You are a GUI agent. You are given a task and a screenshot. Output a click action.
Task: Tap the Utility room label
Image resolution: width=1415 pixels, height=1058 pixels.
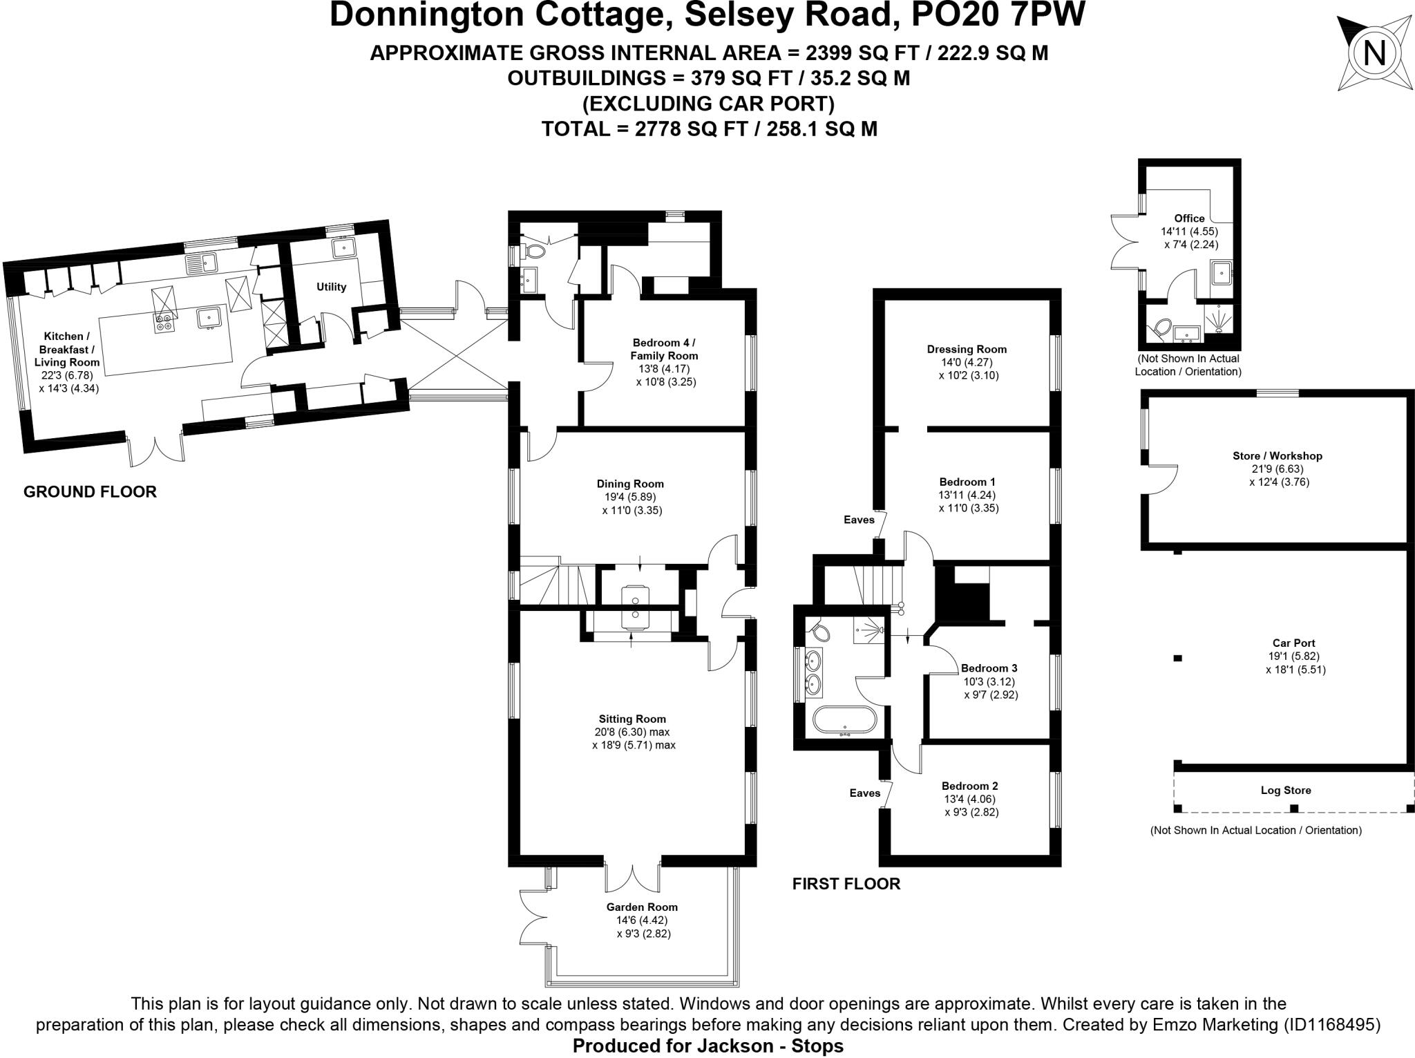(x=331, y=287)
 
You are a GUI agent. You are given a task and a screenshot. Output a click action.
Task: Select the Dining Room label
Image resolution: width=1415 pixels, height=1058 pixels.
(x=629, y=484)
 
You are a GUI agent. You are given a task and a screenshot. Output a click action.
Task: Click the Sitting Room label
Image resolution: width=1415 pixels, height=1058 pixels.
(x=632, y=719)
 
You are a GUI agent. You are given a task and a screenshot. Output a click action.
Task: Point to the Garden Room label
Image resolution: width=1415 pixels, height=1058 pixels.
(x=642, y=907)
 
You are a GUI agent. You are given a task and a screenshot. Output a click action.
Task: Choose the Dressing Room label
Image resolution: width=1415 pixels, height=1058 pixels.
(x=967, y=349)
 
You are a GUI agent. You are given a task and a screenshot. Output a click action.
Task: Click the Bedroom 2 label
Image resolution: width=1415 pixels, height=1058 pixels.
(x=969, y=786)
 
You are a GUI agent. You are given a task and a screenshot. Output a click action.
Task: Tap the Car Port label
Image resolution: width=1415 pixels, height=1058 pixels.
(x=1293, y=643)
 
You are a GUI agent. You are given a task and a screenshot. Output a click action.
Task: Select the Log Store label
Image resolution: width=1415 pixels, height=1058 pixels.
(x=1286, y=790)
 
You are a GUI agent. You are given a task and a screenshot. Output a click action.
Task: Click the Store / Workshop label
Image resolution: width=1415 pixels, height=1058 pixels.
(x=1277, y=456)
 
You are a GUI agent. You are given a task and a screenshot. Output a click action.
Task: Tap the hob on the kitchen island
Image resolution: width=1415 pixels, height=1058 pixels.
(x=164, y=323)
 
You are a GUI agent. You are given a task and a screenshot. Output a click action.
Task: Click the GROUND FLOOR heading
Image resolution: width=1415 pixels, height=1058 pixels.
(x=90, y=491)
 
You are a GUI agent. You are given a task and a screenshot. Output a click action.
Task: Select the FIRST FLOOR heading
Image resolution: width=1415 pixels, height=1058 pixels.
(x=846, y=883)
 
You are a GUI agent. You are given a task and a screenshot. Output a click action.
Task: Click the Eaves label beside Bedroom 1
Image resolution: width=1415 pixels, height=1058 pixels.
(x=859, y=520)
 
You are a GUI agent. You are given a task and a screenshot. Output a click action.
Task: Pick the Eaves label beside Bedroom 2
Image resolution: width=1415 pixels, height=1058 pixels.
(x=864, y=793)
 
